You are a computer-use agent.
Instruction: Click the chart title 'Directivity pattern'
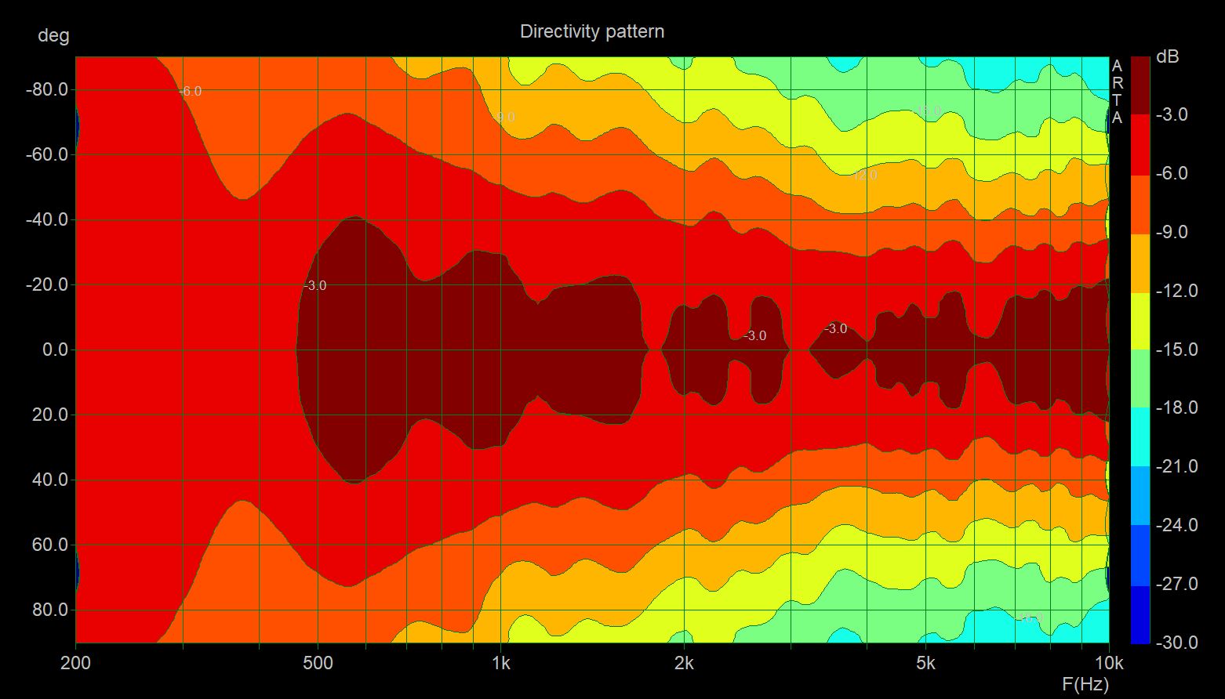pyautogui.click(x=592, y=31)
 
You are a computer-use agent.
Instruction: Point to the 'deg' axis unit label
pyautogui.click(x=53, y=35)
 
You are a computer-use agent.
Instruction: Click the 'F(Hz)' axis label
pyautogui.click(x=1085, y=683)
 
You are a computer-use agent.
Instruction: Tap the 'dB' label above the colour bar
pyautogui.click(x=1167, y=57)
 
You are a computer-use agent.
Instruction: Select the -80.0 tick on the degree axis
pyautogui.click(x=47, y=90)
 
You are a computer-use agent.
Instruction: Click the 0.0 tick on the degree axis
pyautogui.click(x=55, y=349)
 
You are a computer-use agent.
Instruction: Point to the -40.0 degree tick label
pyautogui.click(x=47, y=220)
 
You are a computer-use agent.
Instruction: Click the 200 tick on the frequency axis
pyautogui.click(x=76, y=663)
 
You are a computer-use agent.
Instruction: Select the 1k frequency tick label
pyautogui.click(x=500, y=663)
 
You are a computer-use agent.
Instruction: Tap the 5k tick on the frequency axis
pyautogui.click(x=925, y=663)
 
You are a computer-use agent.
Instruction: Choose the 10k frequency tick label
pyautogui.click(x=1108, y=663)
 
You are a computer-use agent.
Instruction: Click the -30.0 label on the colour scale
pyautogui.click(x=1176, y=643)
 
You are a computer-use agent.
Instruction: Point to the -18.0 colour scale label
pyautogui.click(x=1176, y=407)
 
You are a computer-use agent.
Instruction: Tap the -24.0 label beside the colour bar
pyautogui.click(x=1176, y=525)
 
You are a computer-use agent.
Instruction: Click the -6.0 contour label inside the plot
pyautogui.click(x=190, y=92)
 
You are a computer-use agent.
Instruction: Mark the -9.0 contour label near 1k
pyautogui.click(x=504, y=118)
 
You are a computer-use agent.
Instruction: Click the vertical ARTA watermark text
pyautogui.click(x=1118, y=92)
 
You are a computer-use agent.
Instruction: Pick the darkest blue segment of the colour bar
pyautogui.click(x=1140, y=614)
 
